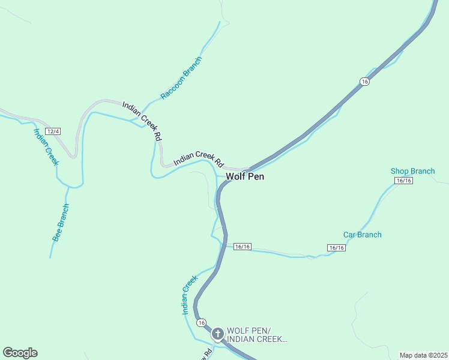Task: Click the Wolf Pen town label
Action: point(244,176)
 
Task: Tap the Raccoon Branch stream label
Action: point(181,78)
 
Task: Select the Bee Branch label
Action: point(61,223)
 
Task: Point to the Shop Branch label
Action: point(412,171)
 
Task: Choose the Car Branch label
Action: point(362,235)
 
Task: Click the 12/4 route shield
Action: point(53,131)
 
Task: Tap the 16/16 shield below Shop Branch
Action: point(403,181)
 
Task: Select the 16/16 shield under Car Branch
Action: point(336,248)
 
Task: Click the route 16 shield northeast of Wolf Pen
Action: point(364,81)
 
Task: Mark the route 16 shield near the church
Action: point(200,322)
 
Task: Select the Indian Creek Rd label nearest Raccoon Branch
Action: point(142,120)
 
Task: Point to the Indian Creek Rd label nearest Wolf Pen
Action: point(198,159)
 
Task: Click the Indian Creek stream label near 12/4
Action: point(46,146)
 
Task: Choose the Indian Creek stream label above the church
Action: point(190,295)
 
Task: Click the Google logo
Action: point(20,353)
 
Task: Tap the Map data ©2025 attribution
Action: point(423,355)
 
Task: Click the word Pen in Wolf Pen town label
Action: point(256,176)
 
